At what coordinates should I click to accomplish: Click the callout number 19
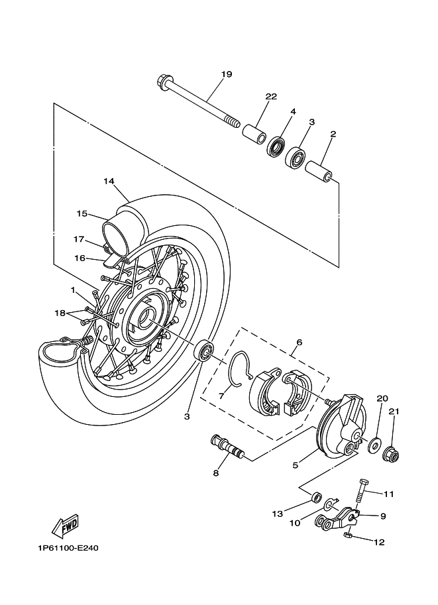pos(227,74)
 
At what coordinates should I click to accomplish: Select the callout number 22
pos(271,97)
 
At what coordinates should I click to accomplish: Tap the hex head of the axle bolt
pos(163,83)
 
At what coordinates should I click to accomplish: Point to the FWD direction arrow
pos(66,526)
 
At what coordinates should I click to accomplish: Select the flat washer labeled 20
pos(374,445)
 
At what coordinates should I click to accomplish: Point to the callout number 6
pos(300,342)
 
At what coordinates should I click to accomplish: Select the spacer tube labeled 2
pos(319,172)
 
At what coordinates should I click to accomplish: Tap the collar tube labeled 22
pos(254,134)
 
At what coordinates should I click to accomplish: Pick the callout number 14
pos(109,182)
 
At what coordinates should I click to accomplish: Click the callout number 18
pos(60,313)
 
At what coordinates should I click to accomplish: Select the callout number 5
pos(296,466)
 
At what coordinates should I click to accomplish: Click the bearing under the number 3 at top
pos(296,157)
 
